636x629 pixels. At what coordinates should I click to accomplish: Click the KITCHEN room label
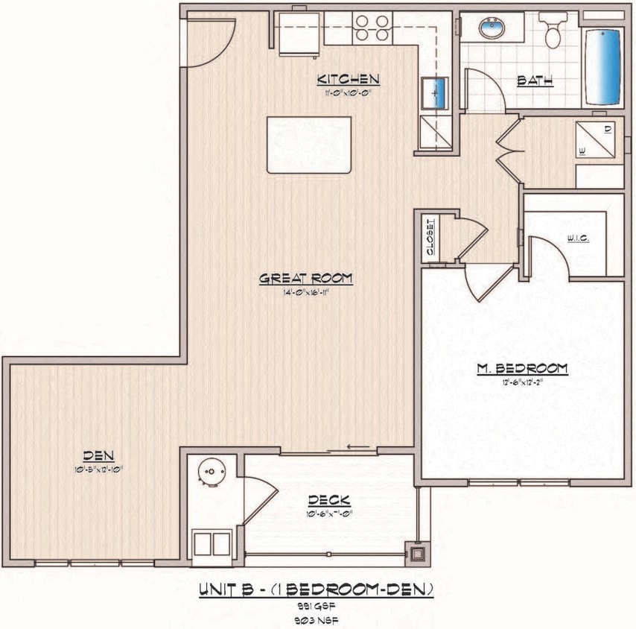pyautogui.click(x=349, y=79)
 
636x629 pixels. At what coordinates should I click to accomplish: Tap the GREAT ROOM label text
pyautogui.click(x=305, y=278)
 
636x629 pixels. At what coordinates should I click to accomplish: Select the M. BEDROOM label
pyautogui.click(x=522, y=368)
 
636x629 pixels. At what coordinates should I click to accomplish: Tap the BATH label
pyautogui.click(x=535, y=80)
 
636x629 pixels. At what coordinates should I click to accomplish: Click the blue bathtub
pyautogui.click(x=602, y=67)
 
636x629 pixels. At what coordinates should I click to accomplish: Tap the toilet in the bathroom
pyautogui.click(x=553, y=30)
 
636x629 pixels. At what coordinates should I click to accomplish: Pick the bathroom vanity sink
pyautogui.click(x=492, y=29)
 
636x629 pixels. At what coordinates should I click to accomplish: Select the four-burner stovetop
pyautogui.click(x=372, y=28)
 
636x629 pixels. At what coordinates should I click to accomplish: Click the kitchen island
pyautogui.click(x=308, y=145)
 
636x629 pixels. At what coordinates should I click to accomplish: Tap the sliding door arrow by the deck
pyautogui.click(x=358, y=448)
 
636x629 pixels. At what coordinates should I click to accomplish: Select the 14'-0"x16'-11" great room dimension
pyautogui.click(x=305, y=292)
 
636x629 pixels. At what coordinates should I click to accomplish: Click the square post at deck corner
pyautogui.click(x=417, y=553)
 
